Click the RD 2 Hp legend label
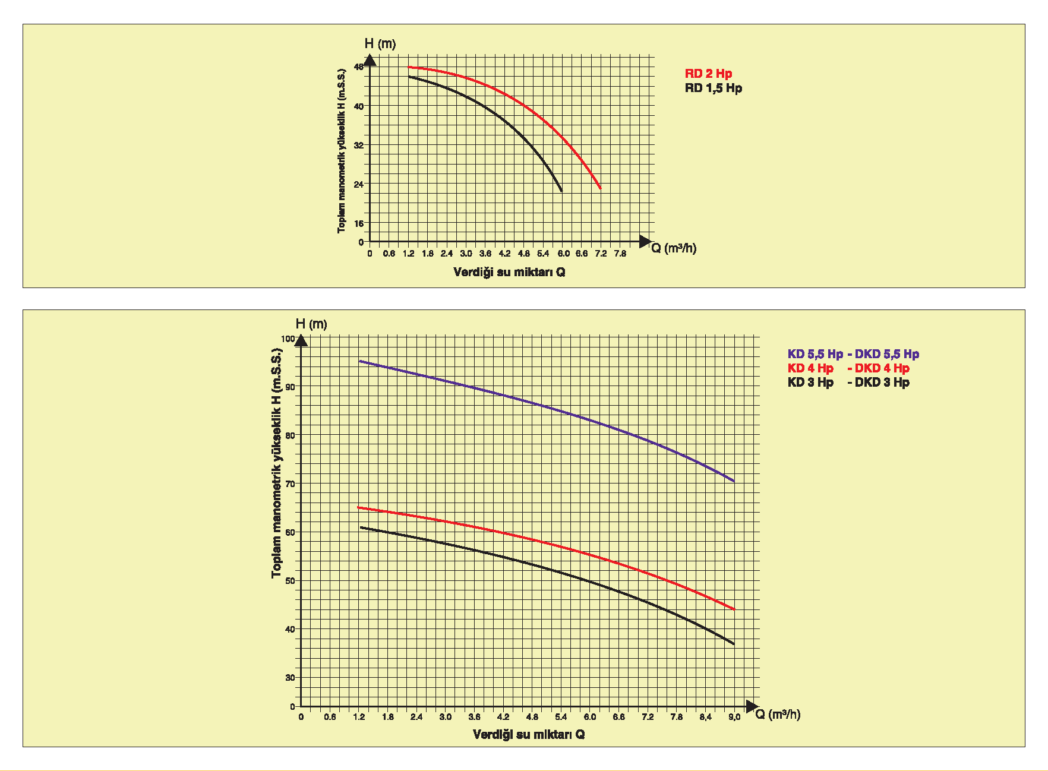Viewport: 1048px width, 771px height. pyautogui.click(x=708, y=74)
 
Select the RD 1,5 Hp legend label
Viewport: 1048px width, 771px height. pyautogui.click(x=713, y=88)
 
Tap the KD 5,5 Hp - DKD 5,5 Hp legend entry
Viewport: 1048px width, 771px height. pyautogui.click(x=853, y=354)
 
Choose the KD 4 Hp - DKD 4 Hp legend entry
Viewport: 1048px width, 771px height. pyautogui.click(x=848, y=368)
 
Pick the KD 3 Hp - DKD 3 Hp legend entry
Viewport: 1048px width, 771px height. pyautogui.click(x=848, y=383)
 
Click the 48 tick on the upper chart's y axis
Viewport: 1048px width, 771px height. pyautogui.click(x=358, y=67)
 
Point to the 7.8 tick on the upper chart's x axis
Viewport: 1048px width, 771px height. pyautogui.click(x=620, y=254)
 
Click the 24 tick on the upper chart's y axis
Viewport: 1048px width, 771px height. pyautogui.click(x=358, y=184)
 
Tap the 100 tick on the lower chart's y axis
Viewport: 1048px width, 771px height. pyautogui.click(x=288, y=339)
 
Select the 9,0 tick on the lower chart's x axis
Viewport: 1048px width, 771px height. pyautogui.click(x=734, y=717)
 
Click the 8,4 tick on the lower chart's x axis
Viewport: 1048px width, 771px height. pyautogui.click(x=705, y=717)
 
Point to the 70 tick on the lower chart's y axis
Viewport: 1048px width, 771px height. pyautogui.click(x=290, y=484)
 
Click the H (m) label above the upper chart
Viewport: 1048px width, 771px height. pyautogui.click(x=380, y=44)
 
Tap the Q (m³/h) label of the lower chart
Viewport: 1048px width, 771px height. pyautogui.click(x=778, y=714)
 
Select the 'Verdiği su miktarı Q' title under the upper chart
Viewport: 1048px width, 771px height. pyautogui.click(x=509, y=272)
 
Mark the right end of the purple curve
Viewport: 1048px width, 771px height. pyautogui.click(x=734, y=481)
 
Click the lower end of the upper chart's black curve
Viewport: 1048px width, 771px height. pyautogui.click(x=561, y=191)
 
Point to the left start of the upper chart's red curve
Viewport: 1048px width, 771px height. pyautogui.click(x=409, y=67)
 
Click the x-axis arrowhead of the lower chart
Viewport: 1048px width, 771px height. pyautogui.click(x=752, y=706)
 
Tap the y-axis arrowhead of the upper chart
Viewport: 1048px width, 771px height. pyautogui.click(x=370, y=60)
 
